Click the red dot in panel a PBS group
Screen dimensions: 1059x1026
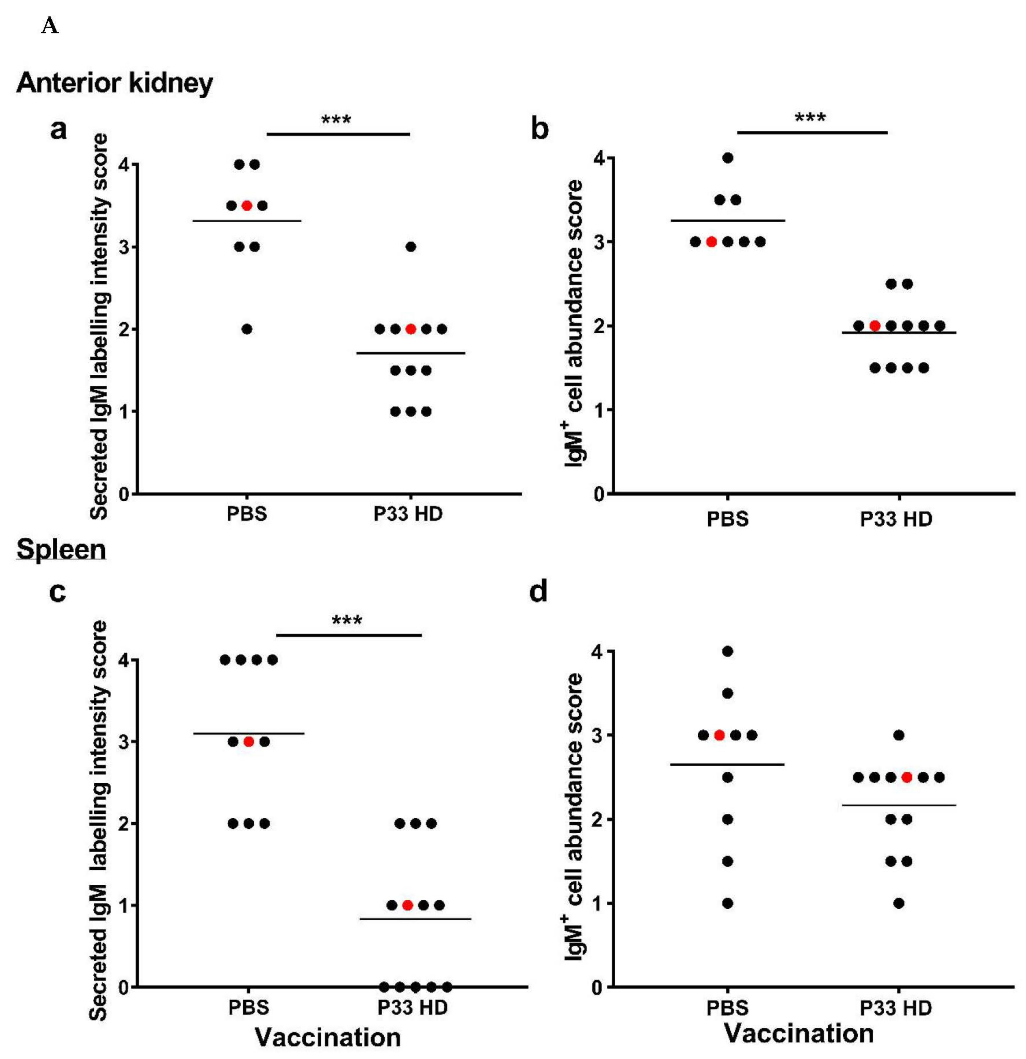click(247, 205)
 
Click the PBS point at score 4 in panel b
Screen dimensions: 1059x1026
click(728, 158)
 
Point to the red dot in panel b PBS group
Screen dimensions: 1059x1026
click(712, 242)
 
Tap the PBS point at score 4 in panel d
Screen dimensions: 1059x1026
click(728, 651)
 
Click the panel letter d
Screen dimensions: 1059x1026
click(538, 591)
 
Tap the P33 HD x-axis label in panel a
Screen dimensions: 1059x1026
click(408, 513)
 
